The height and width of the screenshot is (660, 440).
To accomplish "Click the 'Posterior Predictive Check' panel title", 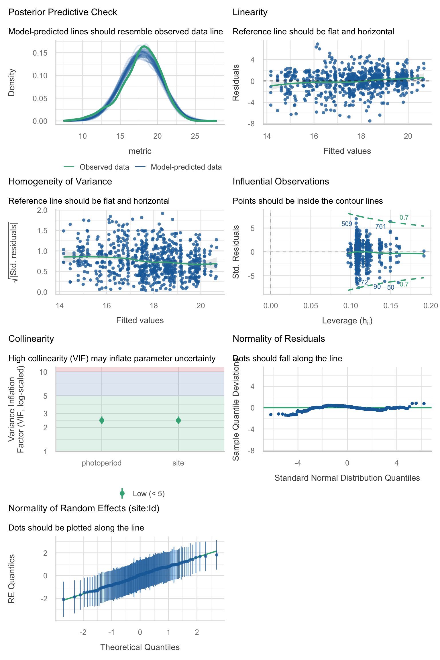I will point(62,12).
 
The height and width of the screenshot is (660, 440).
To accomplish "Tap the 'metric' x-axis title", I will point(140,151).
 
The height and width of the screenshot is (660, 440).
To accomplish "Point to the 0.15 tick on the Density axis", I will point(40,53).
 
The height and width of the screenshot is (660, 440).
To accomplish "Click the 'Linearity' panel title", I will point(250,12).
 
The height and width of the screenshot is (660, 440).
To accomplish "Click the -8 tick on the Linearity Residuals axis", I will point(251,124).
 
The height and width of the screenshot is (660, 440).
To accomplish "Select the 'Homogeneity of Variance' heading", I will point(60,182).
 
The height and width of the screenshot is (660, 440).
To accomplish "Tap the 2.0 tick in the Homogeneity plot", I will point(42,210).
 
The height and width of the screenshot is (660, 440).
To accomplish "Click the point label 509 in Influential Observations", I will point(347,224).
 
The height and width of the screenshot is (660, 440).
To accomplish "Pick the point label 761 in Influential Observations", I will point(380,226).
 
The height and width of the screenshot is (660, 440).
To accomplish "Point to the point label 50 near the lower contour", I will point(391,288).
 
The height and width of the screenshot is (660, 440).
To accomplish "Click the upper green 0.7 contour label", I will point(404,218).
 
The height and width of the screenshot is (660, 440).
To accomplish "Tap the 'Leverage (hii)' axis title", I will point(347,321).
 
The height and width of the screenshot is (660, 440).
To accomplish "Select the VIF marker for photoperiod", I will point(102,420).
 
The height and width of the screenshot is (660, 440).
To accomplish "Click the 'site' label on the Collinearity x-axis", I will point(178,463).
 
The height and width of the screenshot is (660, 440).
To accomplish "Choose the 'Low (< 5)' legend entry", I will point(148,494).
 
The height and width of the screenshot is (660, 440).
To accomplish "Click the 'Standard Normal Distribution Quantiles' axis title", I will point(347,478).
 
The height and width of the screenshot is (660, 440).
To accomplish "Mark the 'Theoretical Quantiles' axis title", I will point(140,647).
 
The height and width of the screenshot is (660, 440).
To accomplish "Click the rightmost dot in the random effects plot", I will point(217,555).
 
